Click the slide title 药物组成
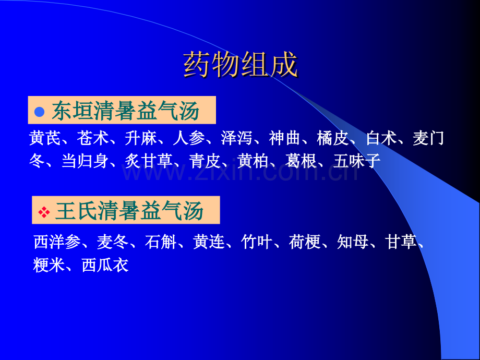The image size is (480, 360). (x=241, y=65)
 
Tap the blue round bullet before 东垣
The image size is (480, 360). (x=40, y=112)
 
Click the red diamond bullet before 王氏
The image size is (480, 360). (x=44, y=212)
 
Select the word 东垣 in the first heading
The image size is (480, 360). (x=73, y=111)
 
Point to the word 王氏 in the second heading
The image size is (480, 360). (x=77, y=211)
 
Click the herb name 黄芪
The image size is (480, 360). (x=45, y=138)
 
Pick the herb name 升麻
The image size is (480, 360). (x=140, y=138)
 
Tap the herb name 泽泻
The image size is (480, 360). (x=236, y=138)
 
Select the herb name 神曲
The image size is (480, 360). (x=284, y=138)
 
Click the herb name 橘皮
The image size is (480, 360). (x=332, y=138)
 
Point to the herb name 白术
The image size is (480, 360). (x=381, y=138)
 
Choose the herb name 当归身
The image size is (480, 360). (x=85, y=161)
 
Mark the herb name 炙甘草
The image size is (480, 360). (x=149, y=161)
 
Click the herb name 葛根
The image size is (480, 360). (x=301, y=161)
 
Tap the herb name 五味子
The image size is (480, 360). (x=357, y=161)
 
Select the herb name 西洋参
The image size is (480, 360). (x=57, y=242)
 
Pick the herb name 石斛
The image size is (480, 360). (x=160, y=242)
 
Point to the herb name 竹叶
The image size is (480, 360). (x=256, y=242)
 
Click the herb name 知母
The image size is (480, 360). (x=352, y=242)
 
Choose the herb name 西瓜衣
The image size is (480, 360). (x=105, y=265)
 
